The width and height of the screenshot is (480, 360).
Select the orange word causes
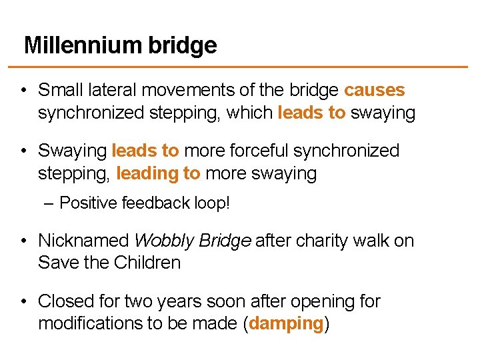coord(374,90)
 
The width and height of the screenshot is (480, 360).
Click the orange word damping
coord(286,324)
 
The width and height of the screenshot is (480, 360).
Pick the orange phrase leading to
coord(158,174)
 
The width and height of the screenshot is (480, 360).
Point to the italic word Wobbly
coord(161,240)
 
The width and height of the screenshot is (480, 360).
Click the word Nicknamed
coord(83,240)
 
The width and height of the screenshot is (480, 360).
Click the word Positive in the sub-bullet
coord(88,203)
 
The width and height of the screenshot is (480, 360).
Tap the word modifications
coord(92,324)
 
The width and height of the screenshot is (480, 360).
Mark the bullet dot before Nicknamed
coord(23,241)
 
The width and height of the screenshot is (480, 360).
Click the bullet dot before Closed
coord(23,302)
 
